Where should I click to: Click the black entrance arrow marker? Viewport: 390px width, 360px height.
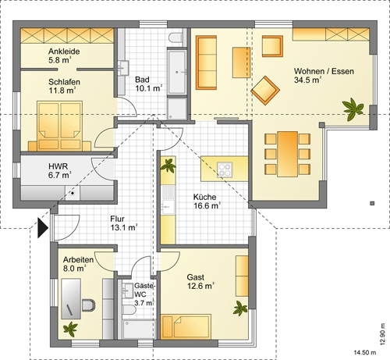(42, 228)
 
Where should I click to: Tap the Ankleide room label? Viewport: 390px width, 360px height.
(64, 51)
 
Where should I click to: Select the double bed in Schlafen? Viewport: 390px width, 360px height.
(59, 126)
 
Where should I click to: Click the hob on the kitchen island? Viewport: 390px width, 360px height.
(225, 169)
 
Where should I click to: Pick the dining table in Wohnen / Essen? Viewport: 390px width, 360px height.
(287, 154)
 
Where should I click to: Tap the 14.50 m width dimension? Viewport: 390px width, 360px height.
(365, 353)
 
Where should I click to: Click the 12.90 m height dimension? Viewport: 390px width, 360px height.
(382, 334)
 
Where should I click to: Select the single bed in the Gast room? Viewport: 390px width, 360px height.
(186, 326)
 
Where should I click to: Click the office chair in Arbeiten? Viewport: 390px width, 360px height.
(89, 305)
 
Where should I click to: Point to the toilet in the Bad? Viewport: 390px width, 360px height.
(175, 37)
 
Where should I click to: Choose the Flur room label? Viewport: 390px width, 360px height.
(117, 219)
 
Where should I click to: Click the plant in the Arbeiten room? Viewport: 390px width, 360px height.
(70, 329)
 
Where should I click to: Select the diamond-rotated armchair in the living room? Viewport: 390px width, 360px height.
(265, 91)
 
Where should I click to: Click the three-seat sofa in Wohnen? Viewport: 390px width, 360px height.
(206, 62)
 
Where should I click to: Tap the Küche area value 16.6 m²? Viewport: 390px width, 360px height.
(207, 205)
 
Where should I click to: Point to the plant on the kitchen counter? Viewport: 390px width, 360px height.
(168, 166)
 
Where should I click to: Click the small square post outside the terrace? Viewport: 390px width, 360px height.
(372, 203)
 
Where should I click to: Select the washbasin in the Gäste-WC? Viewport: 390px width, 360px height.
(128, 290)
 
